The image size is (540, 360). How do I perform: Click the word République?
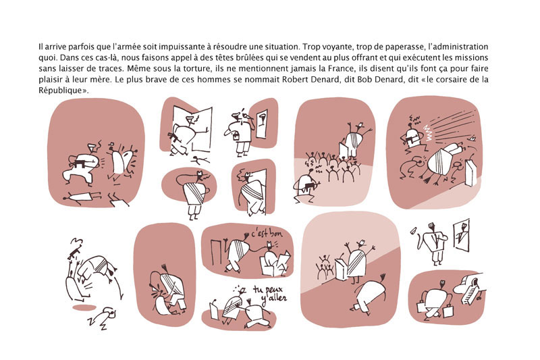[x=61, y=91]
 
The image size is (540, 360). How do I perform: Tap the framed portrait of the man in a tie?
[x=462, y=235]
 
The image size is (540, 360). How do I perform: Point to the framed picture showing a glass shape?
[x=262, y=124]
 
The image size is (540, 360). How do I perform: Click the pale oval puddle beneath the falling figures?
[x=84, y=307]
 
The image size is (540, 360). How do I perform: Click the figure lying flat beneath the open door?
[x=200, y=160]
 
